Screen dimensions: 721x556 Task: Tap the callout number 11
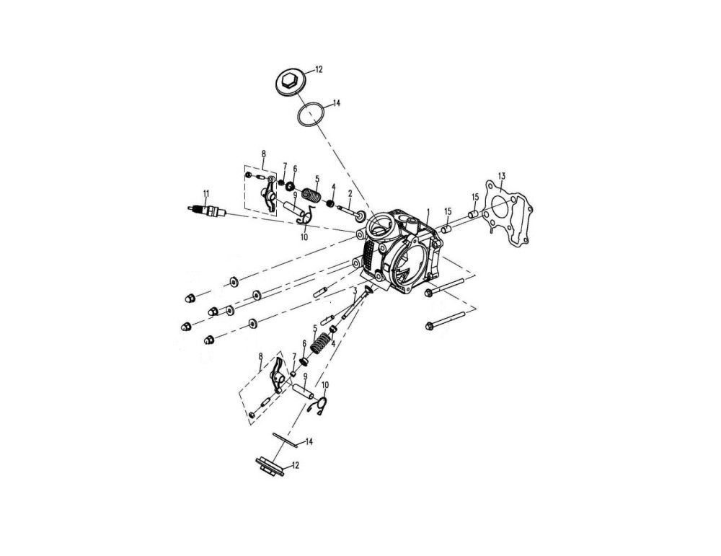tap(205, 193)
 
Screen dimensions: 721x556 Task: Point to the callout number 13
tap(502, 176)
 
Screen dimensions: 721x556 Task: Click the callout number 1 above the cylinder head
tap(428, 213)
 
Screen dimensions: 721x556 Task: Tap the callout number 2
tap(350, 193)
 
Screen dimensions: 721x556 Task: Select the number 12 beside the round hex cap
tap(319, 69)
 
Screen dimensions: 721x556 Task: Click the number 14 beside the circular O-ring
tap(337, 103)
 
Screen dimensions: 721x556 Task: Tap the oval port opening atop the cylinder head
tap(379, 227)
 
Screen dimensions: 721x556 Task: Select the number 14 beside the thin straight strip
tap(309, 441)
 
